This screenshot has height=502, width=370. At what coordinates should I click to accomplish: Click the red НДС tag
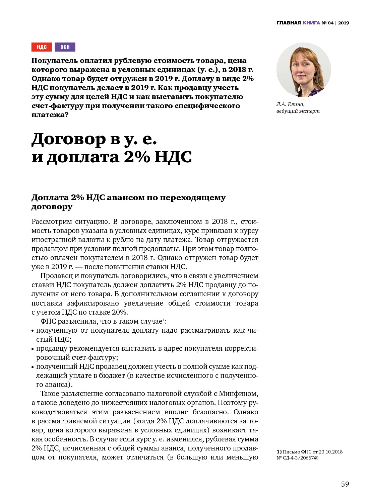[x=42, y=47]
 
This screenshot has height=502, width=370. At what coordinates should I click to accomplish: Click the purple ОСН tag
[x=65, y=47]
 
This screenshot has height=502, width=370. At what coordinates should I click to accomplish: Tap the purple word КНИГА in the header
[x=311, y=23]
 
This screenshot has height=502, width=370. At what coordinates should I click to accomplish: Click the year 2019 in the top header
[x=344, y=23]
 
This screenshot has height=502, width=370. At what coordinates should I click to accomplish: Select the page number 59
[x=345, y=484]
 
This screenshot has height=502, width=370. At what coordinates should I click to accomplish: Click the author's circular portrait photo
[x=304, y=70]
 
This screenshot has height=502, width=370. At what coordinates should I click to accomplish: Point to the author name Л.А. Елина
[x=290, y=104]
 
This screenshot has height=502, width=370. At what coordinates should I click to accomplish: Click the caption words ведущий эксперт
[x=298, y=111]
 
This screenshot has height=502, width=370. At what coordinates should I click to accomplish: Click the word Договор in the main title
[x=68, y=139]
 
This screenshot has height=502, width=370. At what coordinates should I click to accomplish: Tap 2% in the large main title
[x=137, y=157]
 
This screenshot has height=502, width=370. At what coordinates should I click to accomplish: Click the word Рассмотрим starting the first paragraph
[x=51, y=222]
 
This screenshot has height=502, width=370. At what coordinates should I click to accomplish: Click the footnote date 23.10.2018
[x=330, y=452]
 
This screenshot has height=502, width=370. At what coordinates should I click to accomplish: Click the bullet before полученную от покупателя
[x=33, y=331]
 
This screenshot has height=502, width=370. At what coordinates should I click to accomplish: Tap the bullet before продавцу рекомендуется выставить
[x=33, y=349]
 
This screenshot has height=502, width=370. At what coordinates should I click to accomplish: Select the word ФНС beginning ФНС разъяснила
[x=48, y=321]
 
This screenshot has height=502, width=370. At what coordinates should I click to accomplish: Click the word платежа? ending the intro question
[x=50, y=115]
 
